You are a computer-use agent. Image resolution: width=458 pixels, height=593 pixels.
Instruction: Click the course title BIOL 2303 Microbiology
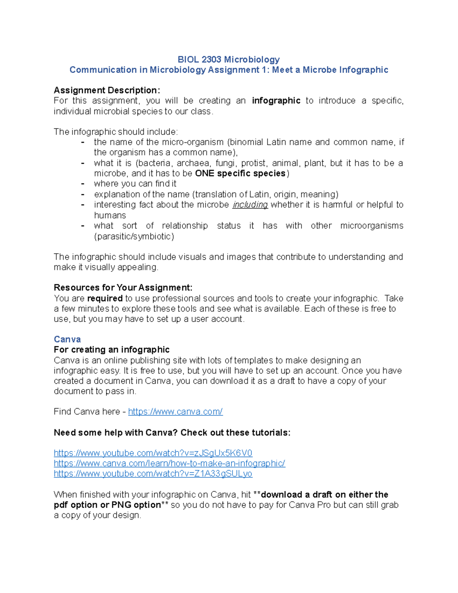[x=229, y=60]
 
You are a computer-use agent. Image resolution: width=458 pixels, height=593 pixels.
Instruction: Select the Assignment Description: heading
[x=107, y=90]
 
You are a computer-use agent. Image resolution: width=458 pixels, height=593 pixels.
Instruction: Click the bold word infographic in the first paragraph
[x=276, y=101]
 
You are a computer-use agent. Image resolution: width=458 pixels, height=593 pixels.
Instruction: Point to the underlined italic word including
[x=250, y=205]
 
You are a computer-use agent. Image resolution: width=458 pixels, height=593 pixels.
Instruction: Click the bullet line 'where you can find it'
[x=135, y=184]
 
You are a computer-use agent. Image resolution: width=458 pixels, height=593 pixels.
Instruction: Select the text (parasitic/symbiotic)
[x=134, y=236]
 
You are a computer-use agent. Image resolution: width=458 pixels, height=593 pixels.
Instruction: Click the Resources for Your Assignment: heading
[x=123, y=288]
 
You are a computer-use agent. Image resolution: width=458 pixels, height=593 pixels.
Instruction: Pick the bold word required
[x=105, y=298]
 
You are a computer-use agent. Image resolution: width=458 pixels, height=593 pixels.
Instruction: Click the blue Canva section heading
[x=67, y=339]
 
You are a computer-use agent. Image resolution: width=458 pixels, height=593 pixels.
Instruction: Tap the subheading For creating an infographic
[x=111, y=350]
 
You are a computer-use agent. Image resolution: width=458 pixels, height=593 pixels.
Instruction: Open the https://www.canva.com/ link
[x=175, y=412]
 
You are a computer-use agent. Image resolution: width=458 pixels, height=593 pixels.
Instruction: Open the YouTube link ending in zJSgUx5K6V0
[x=153, y=453]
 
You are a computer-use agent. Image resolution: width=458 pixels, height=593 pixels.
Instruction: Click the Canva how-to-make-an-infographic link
[x=169, y=464]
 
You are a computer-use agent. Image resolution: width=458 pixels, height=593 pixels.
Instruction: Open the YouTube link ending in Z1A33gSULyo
[x=153, y=474]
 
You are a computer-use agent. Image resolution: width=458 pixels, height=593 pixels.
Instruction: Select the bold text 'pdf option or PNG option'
[x=107, y=505]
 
